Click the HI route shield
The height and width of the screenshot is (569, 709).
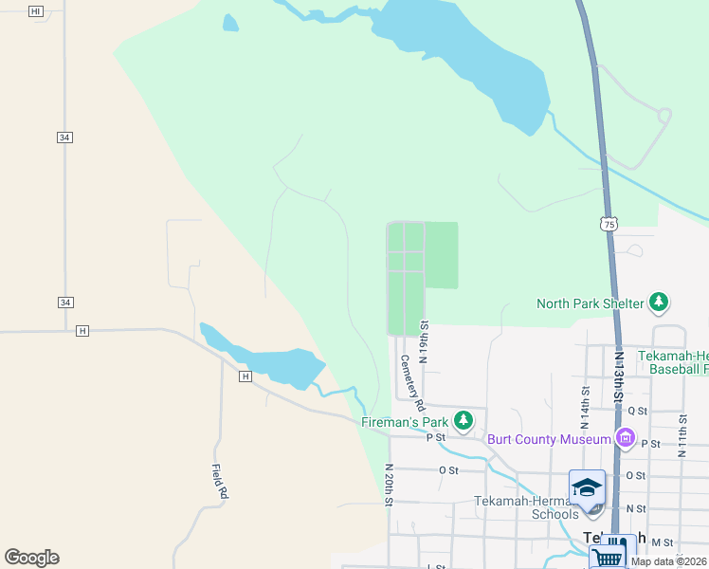36,10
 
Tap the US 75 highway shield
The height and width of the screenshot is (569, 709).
609,224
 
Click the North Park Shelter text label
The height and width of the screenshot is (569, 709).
590,303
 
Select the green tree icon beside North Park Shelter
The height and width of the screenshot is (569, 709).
659,303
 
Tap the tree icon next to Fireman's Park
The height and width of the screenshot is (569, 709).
463,419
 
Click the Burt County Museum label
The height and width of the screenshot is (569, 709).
548,439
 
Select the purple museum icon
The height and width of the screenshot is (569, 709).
625,438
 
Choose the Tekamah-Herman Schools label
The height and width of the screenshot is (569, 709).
527,507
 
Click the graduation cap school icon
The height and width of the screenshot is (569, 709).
587,487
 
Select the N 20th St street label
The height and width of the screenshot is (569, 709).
389,485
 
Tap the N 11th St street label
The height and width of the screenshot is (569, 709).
682,431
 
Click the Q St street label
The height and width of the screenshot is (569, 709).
637,411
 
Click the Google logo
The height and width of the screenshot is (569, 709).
31,558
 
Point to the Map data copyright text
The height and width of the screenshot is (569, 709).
668,561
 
